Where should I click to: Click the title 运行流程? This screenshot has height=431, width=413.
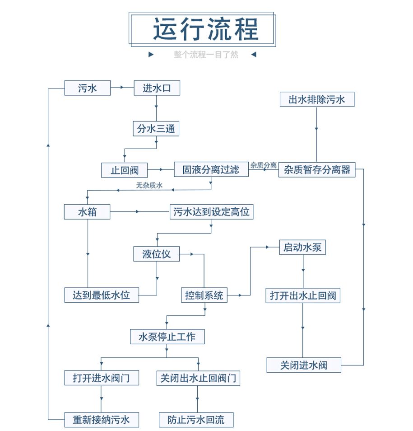[x=205, y=29]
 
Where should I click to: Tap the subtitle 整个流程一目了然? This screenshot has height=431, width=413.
[x=205, y=55]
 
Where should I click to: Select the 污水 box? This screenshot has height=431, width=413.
[x=87, y=88]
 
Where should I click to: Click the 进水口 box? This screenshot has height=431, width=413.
[x=157, y=88]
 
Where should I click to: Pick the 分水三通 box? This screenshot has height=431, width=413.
[x=156, y=129]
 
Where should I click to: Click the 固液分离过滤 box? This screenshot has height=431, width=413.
[x=211, y=169]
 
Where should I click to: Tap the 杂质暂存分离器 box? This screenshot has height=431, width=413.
[x=317, y=169]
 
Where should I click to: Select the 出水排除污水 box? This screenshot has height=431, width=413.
[x=316, y=99]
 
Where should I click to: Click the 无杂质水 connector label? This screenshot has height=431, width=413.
[x=149, y=185]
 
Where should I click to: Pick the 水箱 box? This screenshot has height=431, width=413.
[x=87, y=211]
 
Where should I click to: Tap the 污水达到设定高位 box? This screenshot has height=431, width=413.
[x=211, y=211]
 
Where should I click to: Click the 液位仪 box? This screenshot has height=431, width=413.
[x=156, y=254]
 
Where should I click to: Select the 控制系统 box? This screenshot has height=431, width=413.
[x=204, y=295]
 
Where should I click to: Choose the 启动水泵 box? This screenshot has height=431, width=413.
[x=302, y=247]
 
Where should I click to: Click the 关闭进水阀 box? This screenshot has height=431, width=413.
[x=303, y=365]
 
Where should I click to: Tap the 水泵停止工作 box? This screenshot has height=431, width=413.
[x=167, y=337]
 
